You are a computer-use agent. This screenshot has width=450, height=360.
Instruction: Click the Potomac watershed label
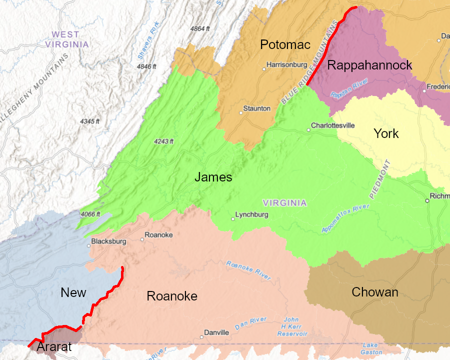(285, 44)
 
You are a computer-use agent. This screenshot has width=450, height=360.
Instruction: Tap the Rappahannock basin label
(369, 65)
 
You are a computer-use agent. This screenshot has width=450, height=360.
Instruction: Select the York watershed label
(386, 133)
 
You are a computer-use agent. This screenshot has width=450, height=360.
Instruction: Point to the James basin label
(213, 177)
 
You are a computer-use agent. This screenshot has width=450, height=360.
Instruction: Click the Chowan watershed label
(375, 292)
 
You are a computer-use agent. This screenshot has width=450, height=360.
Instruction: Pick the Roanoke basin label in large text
(172, 296)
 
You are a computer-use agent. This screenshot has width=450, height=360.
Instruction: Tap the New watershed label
(73, 293)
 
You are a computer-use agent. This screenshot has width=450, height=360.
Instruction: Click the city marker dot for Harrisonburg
(264, 69)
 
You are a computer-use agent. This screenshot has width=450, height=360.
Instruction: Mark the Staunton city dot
(240, 112)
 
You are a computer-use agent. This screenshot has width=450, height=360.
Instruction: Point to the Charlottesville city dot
(308, 130)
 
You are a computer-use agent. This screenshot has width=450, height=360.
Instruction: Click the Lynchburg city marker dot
(232, 219)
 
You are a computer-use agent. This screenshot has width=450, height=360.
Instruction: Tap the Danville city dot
(201, 336)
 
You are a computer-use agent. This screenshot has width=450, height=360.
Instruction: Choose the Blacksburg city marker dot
(88, 245)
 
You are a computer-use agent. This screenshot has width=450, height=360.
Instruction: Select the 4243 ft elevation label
(163, 141)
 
